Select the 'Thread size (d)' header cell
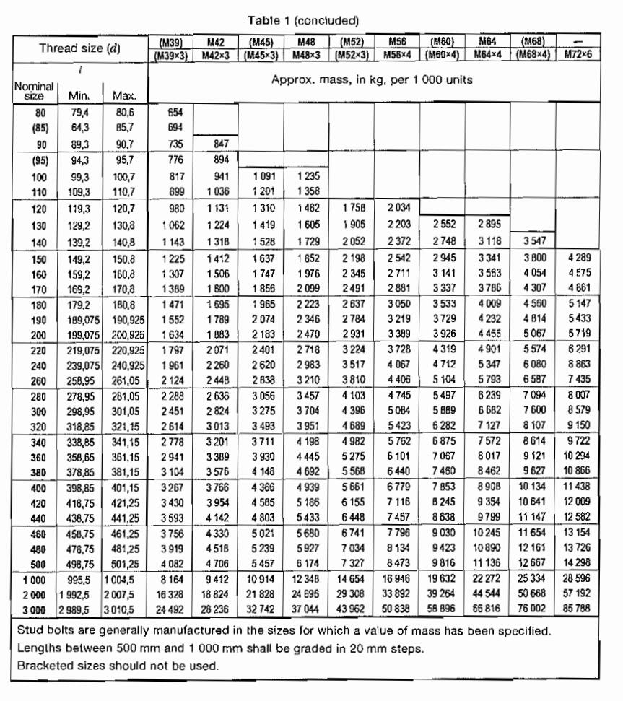pos(79,48)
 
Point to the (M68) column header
pos(531,43)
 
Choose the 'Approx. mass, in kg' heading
pos(372,79)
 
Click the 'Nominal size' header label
pos(30,90)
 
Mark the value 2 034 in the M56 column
pos(398,209)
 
